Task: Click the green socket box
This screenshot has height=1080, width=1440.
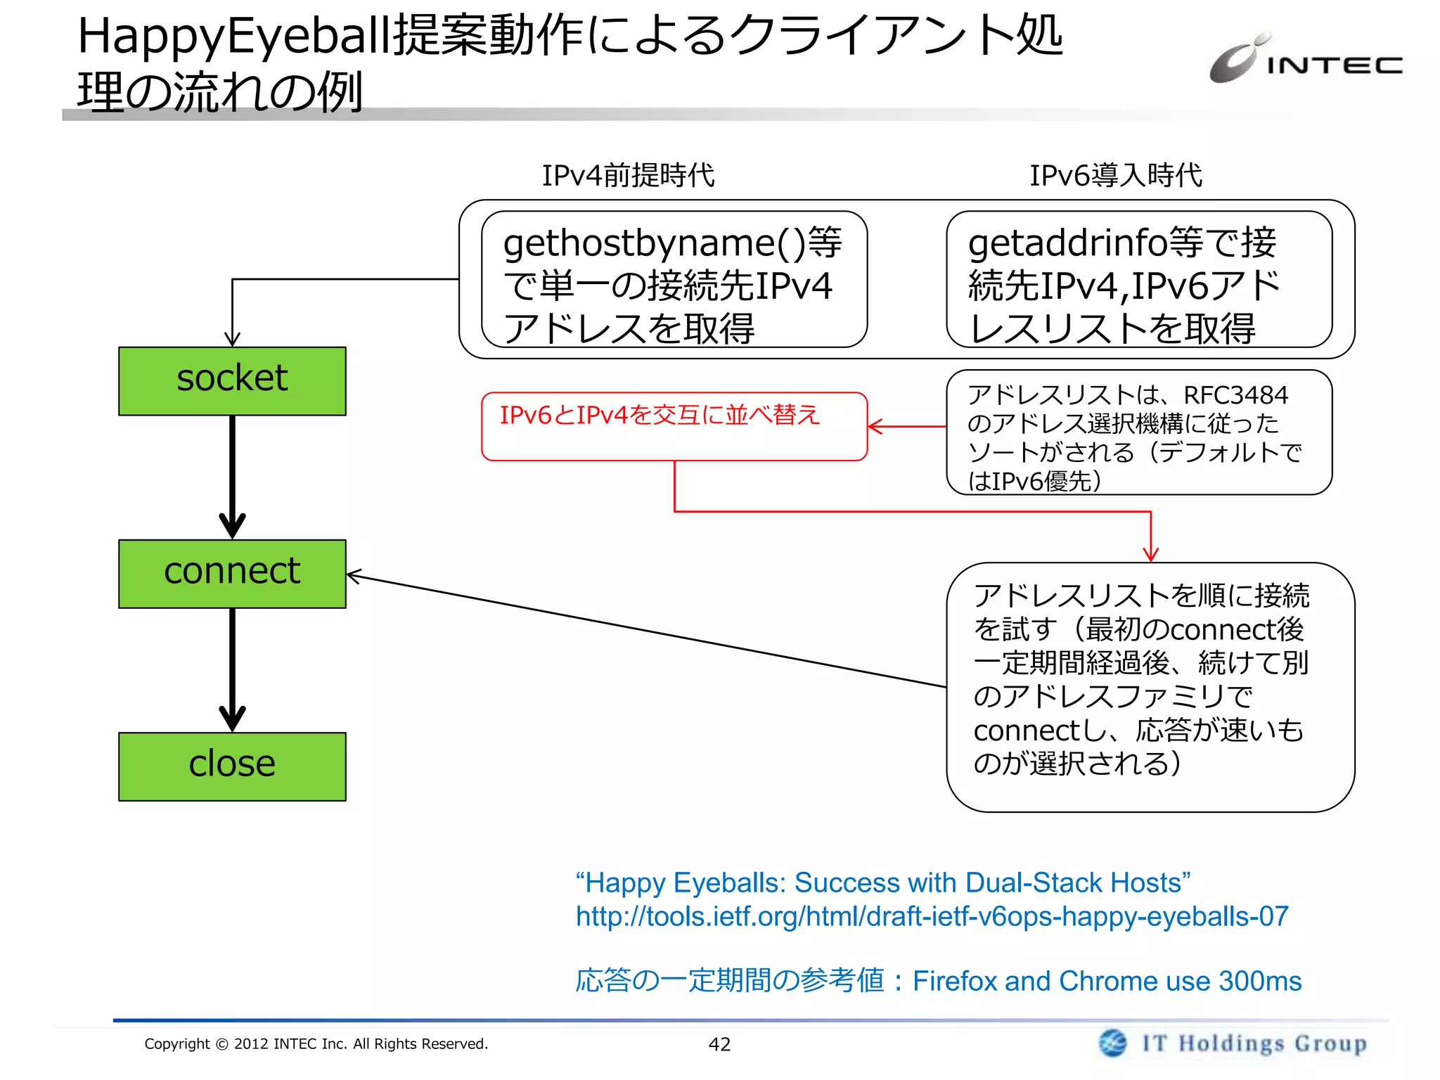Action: tap(232, 380)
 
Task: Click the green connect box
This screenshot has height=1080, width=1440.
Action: tap(232, 573)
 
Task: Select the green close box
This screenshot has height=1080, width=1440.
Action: tap(232, 766)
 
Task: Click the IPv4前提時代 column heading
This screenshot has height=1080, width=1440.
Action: tap(627, 175)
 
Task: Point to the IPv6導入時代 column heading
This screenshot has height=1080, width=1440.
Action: tap(1115, 175)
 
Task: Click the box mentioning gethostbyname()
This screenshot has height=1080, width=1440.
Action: tap(674, 280)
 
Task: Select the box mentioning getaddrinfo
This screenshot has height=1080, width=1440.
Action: tap(1138, 280)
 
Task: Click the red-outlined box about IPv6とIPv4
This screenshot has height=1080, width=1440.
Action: tap(674, 426)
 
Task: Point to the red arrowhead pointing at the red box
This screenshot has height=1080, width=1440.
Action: tap(875, 426)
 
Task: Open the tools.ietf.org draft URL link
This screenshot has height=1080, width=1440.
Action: tap(932, 916)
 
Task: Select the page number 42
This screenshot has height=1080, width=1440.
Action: tap(719, 1044)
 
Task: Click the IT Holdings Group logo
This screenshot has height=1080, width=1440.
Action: tap(1233, 1043)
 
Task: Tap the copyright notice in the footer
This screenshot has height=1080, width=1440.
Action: tap(316, 1043)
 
